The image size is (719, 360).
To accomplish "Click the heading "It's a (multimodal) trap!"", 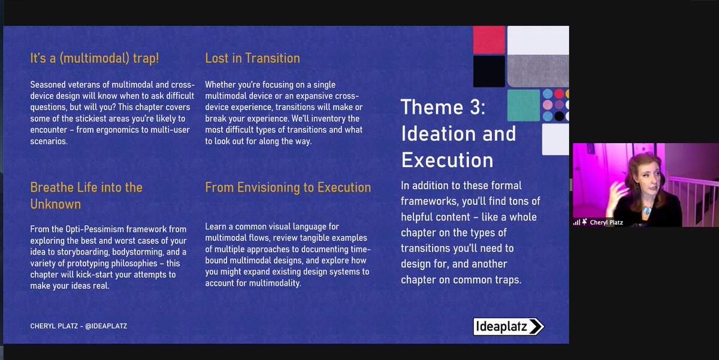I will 94,58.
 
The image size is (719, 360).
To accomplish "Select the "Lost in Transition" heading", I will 252,58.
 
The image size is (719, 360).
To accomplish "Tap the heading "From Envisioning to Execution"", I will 288,187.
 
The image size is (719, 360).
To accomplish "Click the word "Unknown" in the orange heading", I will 55,204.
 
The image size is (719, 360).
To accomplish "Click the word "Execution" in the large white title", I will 447,160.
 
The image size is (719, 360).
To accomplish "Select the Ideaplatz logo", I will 508,326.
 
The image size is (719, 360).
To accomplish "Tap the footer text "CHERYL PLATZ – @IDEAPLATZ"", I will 78,326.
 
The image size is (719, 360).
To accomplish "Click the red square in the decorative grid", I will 489,40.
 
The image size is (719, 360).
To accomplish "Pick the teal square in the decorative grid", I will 523,105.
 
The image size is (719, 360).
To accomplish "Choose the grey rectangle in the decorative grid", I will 537,71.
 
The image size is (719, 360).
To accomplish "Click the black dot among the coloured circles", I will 558,116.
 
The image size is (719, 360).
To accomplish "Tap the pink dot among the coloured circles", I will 547,105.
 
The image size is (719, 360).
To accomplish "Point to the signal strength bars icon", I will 576,222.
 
